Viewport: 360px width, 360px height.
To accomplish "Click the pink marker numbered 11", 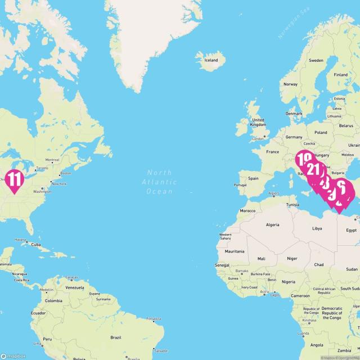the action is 13,181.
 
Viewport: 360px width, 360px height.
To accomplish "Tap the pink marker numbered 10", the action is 304,159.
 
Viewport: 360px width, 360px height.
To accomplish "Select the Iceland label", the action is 211,60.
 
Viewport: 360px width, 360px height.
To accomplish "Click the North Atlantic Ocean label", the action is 161,182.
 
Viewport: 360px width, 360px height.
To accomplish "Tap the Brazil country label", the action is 115,337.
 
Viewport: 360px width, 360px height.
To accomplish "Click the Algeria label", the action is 272,225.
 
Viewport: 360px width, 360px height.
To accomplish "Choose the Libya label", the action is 317,228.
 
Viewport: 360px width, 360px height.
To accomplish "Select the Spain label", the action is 253,179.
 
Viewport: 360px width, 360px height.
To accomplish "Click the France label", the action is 272,152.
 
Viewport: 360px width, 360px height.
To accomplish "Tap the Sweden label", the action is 316,60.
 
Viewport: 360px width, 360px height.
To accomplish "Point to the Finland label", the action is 341,74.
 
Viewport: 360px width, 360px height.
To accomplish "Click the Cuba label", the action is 36,245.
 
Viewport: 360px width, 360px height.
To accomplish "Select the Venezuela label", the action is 75,287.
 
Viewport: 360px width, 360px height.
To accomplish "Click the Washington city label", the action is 42,191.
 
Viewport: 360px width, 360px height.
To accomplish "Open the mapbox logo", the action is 13,355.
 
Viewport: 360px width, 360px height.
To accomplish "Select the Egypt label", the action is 351,230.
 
